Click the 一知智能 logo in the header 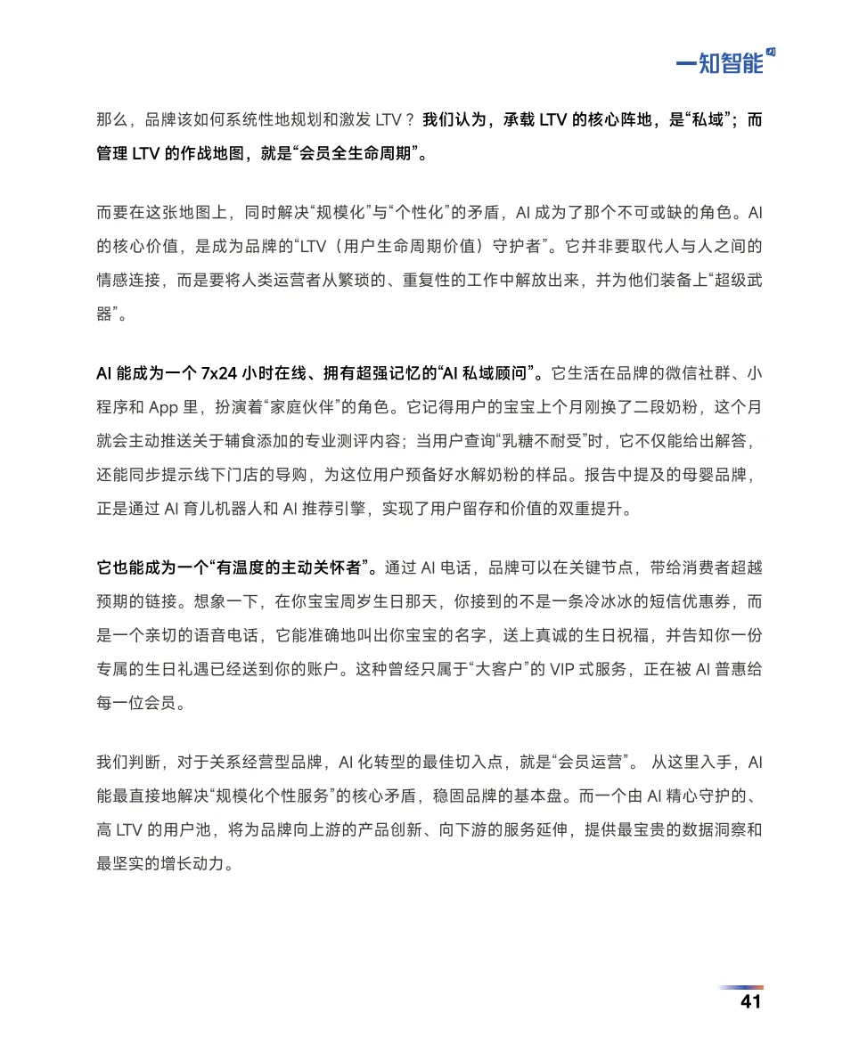coord(724,61)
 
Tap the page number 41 coord(750,1001)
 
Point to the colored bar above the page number coord(740,987)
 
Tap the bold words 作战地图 coord(197,153)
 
